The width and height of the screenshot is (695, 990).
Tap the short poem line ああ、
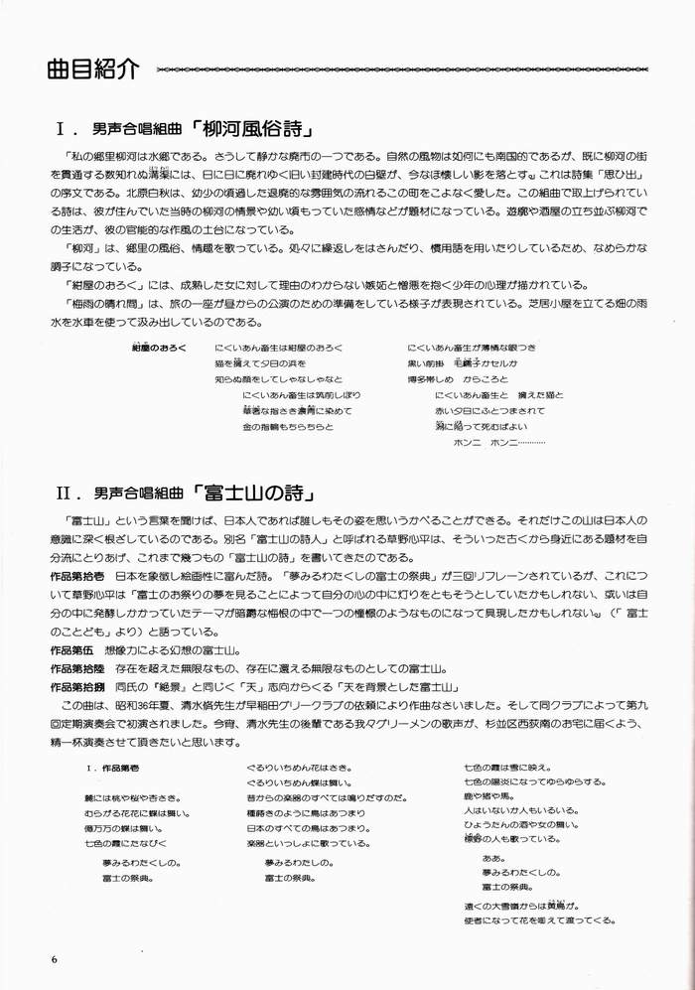[x=493, y=857]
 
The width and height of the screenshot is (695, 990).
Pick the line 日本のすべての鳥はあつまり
[x=307, y=827]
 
